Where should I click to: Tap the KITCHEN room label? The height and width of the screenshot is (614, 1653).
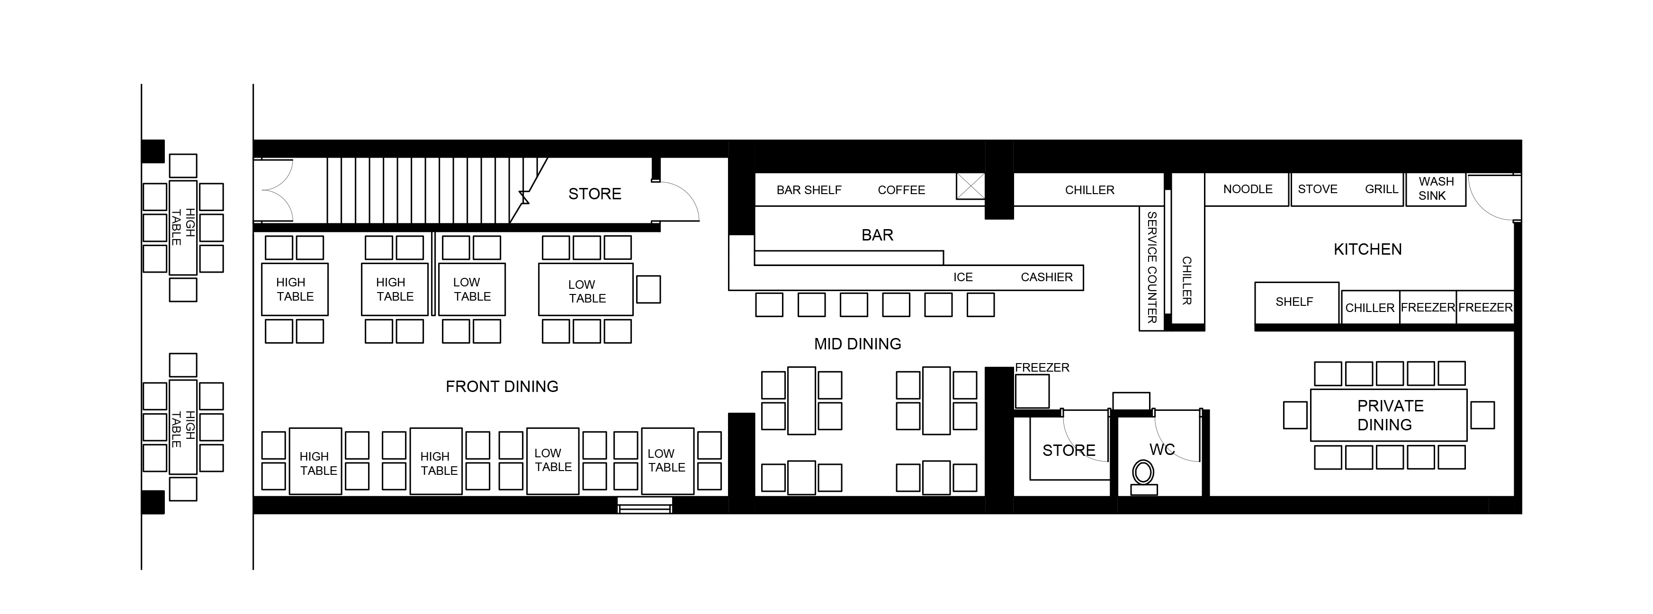tap(1367, 249)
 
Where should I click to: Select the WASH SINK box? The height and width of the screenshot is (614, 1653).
tap(1436, 189)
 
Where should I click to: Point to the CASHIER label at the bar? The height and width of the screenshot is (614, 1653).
tap(1047, 277)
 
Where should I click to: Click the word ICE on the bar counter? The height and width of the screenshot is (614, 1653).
tap(963, 277)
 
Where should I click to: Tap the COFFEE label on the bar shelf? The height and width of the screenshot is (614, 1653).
tap(902, 190)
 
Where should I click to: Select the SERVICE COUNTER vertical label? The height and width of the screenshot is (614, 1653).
tap(1152, 267)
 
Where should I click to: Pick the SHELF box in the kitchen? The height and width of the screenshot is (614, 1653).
tap(1297, 303)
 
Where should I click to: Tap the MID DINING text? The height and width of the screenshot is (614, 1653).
tap(857, 344)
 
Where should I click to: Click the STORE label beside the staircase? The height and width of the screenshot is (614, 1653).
tap(595, 194)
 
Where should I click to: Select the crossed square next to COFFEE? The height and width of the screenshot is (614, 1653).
tap(970, 186)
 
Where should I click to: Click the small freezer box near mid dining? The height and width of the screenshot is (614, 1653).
tap(1032, 392)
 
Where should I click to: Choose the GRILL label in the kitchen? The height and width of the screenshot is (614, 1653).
tap(1382, 189)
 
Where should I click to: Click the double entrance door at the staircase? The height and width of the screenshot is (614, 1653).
tap(273, 191)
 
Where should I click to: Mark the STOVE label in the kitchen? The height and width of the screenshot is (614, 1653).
tap(1317, 189)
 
